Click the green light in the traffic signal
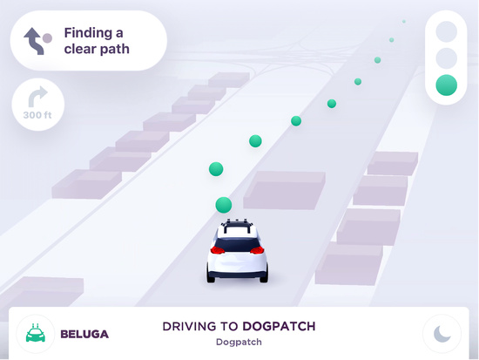click(x=446, y=85)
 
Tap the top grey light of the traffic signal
click(x=446, y=31)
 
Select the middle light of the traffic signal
click(x=446, y=58)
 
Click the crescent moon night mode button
click(x=442, y=334)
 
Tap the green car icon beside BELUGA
click(x=36, y=333)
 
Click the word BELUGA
click(x=84, y=334)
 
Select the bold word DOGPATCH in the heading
click(x=279, y=326)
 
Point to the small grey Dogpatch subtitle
click(x=239, y=342)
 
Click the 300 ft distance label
click(x=37, y=115)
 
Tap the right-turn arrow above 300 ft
click(x=37, y=96)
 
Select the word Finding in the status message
click(x=88, y=33)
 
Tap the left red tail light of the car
click(x=218, y=250)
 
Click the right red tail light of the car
click(x=257, y=250)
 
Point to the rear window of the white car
click(x=237, y=244)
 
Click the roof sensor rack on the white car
click(x=238, y=225)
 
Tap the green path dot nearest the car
click(x=224, y=205)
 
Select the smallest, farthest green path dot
click(x=404, y=22)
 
